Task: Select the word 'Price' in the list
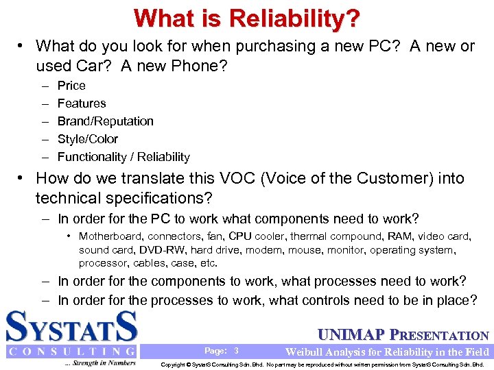pyautogui.click(x=71, y=86)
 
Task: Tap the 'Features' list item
pyautogui.click(x=82, y=103)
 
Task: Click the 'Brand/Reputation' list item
pyautogui.click(x=105, y=121)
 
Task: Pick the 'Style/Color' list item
pyautogui.click(x=88, y=139)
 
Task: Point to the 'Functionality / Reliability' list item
pyautogui.click(x=123, y=157)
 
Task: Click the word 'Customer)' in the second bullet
pyautogui.click(x=372, y=179)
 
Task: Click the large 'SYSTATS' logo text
pyautogui.click(x=72, y=327)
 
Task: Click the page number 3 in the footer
pyautogui.click(x=236, y=351)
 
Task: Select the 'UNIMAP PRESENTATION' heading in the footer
pyautogui.click(x=403, y=336)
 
